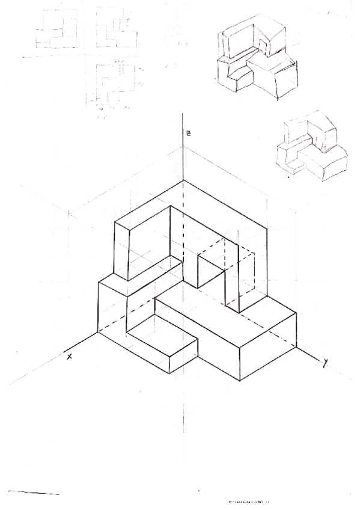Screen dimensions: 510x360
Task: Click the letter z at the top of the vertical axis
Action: [x=188, y=133]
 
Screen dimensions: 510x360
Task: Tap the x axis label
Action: [x=70, y=356]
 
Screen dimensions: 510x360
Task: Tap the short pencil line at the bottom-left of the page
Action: [x=34, y=493]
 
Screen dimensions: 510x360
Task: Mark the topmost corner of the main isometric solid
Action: [x=184, y=180]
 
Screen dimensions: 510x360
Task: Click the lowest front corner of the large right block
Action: [x=240, y=381]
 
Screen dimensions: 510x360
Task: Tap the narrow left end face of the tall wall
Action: [x=121, y=250]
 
